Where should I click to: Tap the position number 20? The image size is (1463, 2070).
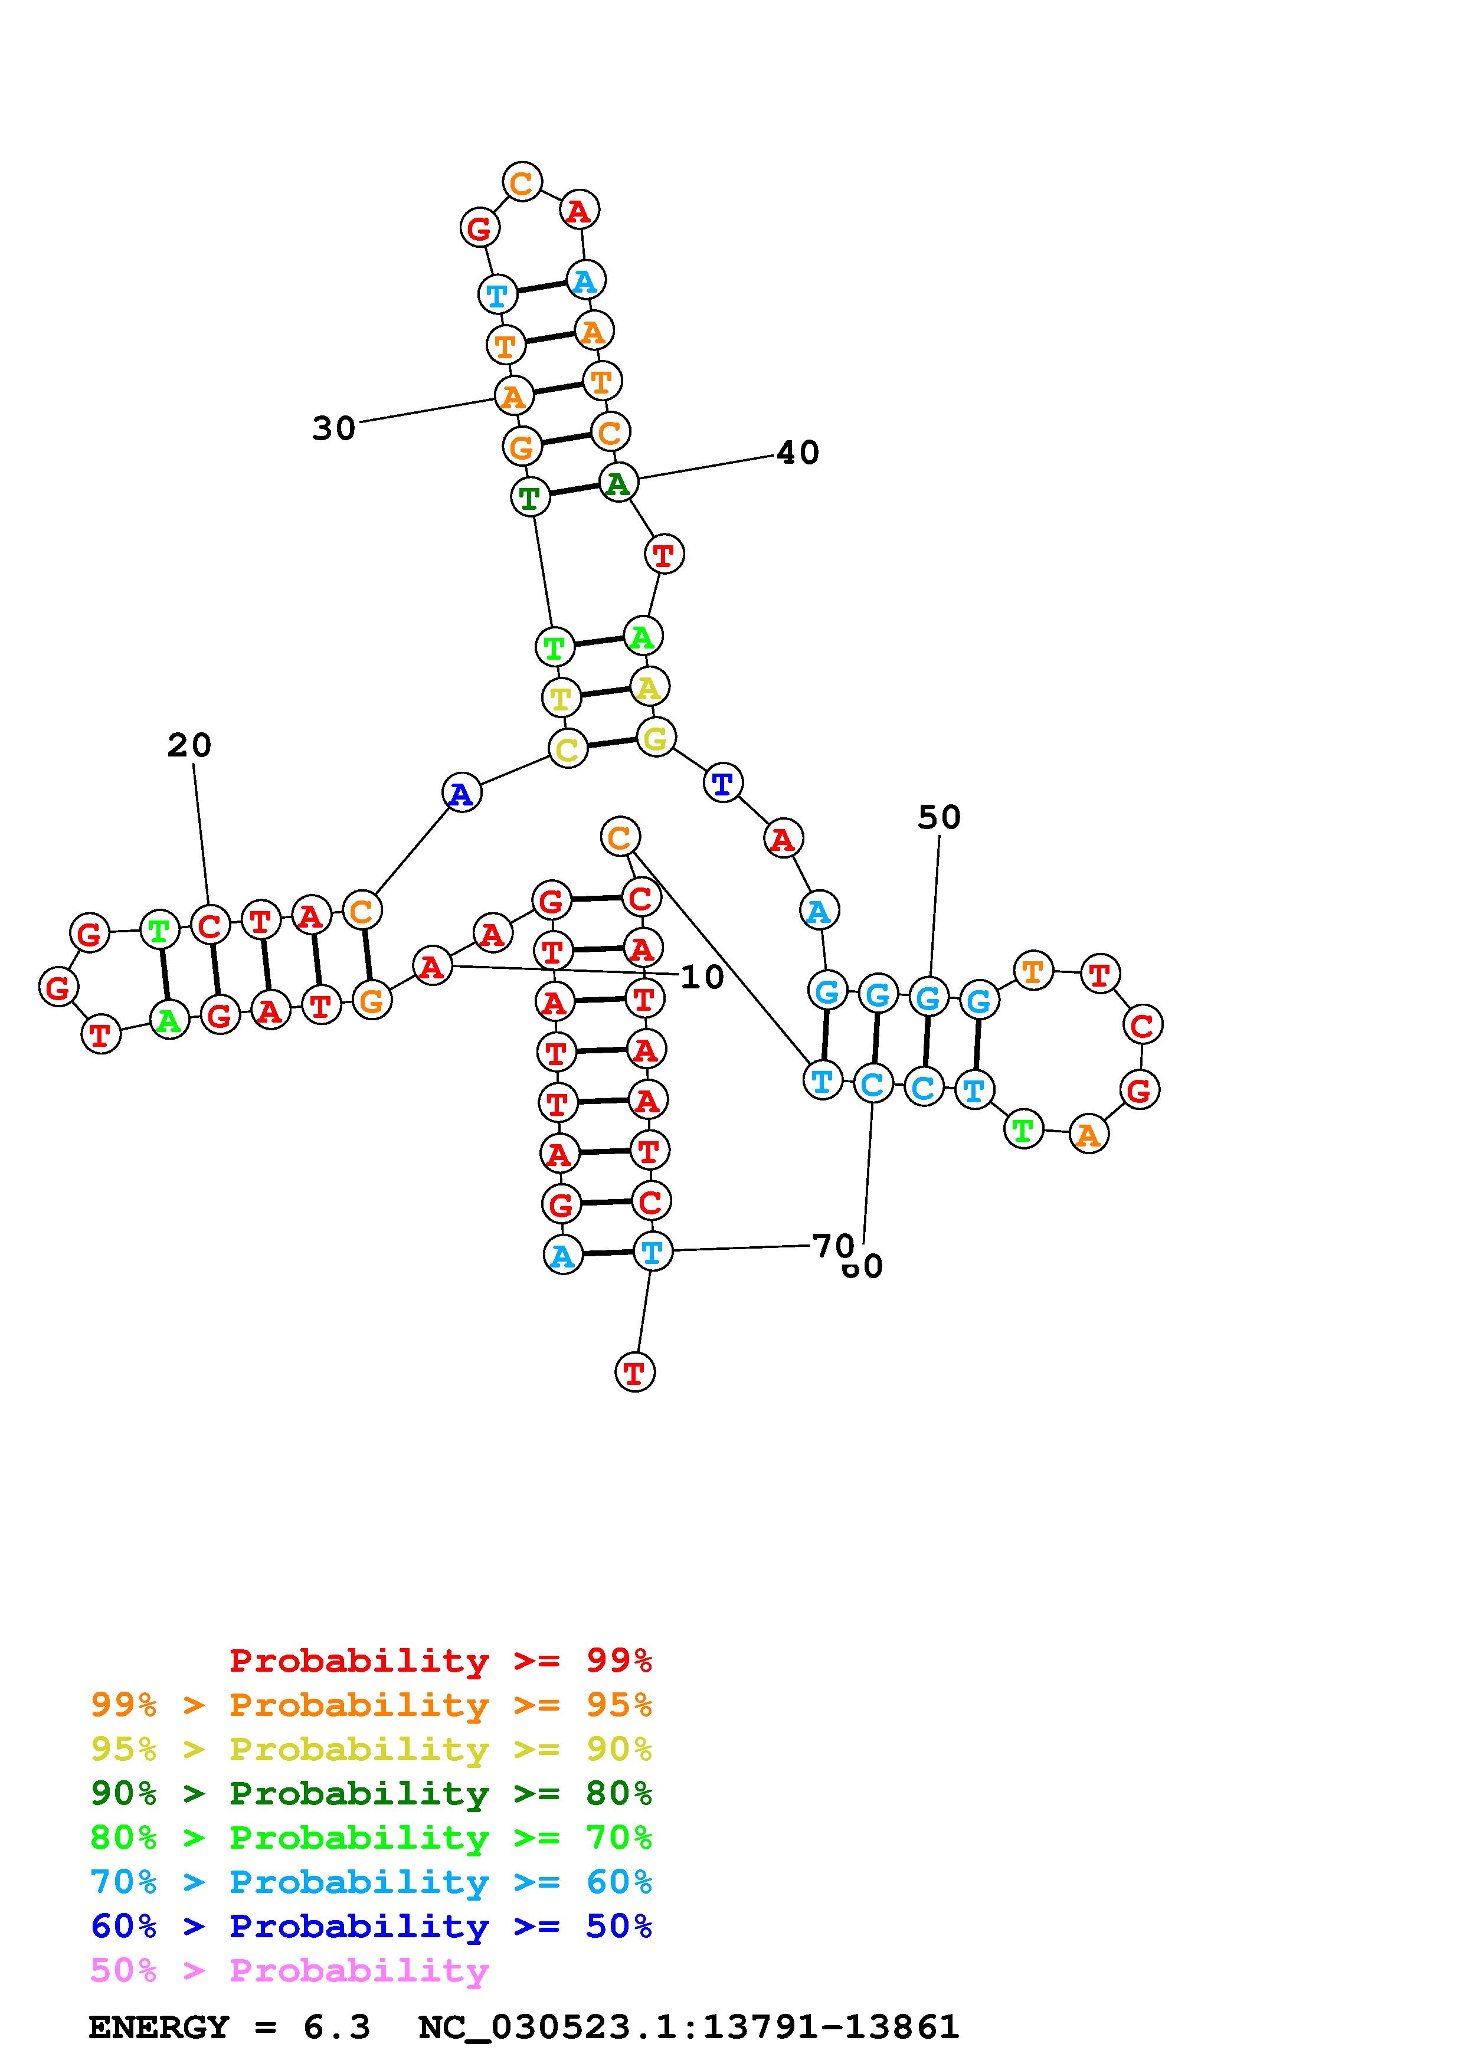click(189, 746)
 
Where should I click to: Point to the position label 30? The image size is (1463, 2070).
click(333, 428)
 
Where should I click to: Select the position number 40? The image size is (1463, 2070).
click(798, 453)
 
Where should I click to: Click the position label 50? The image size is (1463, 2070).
click(940, 818)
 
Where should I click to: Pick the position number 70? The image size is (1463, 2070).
click(833, 1246)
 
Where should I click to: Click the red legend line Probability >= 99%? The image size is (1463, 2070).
click(441, 1660)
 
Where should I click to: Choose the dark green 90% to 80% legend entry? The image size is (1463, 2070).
click(371, 1793)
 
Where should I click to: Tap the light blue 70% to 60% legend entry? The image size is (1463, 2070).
click(371, 1882)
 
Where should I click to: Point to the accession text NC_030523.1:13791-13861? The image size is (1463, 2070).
click(689, 2028)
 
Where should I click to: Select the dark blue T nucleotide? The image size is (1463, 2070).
click(723, 784)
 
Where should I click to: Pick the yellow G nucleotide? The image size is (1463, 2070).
click(655, 738)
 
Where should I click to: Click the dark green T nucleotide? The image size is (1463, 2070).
click(530, 497)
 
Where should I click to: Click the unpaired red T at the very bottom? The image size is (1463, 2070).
click(634, 1373)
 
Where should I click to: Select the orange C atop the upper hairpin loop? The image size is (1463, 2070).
click(522, 182)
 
